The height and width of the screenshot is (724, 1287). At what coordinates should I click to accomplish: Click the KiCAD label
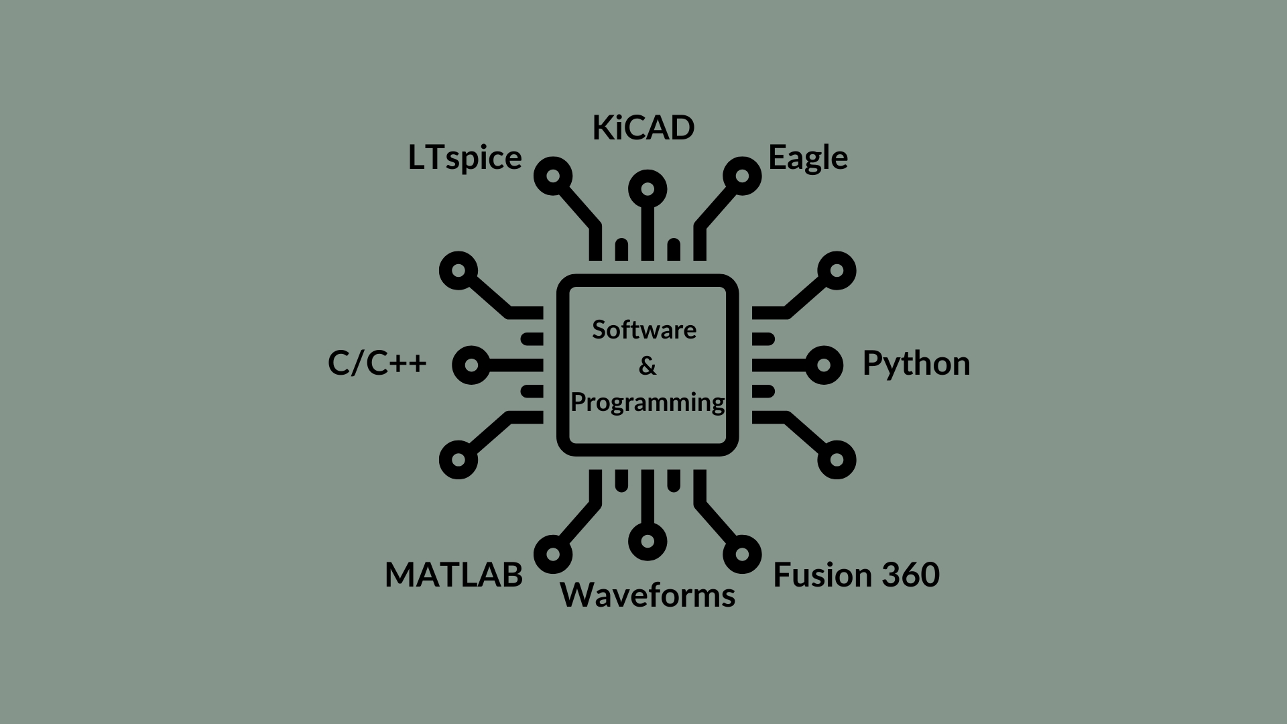(643, 128)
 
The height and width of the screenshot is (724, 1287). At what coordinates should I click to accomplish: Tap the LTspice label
(465, 158)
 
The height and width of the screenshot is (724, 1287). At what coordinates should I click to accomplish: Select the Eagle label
(808, 158)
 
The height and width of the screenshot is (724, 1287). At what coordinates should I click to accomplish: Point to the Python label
(916, 364)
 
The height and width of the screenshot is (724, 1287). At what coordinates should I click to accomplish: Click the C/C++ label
(377, 364)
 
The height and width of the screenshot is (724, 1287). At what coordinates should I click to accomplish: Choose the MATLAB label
(453, 575)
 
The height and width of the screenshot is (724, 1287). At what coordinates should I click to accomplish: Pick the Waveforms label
(648, 595)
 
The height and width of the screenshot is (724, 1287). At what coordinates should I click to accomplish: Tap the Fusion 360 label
(856, 575)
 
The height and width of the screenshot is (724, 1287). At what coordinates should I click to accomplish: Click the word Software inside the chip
(644, 330)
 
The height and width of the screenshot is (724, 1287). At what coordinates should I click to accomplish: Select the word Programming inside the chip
(648, 402)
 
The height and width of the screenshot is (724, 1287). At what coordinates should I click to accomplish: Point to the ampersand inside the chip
(648, 366)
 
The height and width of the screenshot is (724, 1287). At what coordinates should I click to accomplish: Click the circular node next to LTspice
(553, 176)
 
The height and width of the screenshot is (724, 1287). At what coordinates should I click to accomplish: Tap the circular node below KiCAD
(648, 189)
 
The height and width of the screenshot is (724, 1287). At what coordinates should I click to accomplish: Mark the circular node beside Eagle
(742, 176)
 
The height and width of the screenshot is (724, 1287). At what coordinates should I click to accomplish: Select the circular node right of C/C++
(472, 365)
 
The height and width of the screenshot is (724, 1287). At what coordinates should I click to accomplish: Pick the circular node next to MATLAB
(553, 554)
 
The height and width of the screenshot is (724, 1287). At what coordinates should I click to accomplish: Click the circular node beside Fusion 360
(742, 554)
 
